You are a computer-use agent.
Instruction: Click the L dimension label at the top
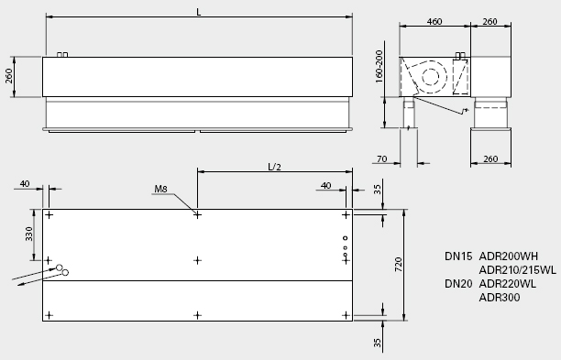click(x=199, y=12)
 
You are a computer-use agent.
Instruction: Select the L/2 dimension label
click(x=274, y=167)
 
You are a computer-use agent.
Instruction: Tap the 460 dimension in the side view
click(x=434, y=21)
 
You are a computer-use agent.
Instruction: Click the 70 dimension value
click(x=381, y=158)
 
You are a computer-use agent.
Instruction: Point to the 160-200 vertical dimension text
click(x=379, y=67)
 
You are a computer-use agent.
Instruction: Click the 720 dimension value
click(x=398, y=265)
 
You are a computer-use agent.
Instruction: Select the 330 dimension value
click(x=29, y=235)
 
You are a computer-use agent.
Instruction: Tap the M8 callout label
click(x=160, y=189)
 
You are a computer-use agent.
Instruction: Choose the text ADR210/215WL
click(x=518, y=270)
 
